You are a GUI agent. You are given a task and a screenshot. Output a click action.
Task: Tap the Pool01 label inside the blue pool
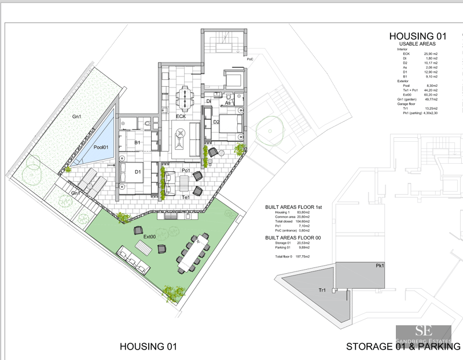[102, 147]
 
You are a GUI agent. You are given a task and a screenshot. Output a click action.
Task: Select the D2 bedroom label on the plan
[215, 122]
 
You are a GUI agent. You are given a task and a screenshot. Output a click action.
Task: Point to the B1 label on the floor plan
[137, 142]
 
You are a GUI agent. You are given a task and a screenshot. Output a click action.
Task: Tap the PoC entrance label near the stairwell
[250, 59]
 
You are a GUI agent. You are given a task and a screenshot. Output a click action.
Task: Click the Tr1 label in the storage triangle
[322, 291]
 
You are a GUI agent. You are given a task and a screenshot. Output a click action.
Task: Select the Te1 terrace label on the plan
[186, 197]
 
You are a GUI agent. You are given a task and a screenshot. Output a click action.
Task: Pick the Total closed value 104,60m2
[299, 222]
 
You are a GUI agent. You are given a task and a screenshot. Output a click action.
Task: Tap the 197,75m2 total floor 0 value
[300, 256]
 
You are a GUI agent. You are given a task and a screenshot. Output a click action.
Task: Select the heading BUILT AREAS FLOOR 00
[293, 238]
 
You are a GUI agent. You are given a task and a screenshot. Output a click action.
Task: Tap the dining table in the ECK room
[185, 96]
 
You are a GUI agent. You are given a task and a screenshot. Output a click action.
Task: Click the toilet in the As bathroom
[230, 97]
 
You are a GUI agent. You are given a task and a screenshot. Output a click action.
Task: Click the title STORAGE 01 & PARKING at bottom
[403, 347]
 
